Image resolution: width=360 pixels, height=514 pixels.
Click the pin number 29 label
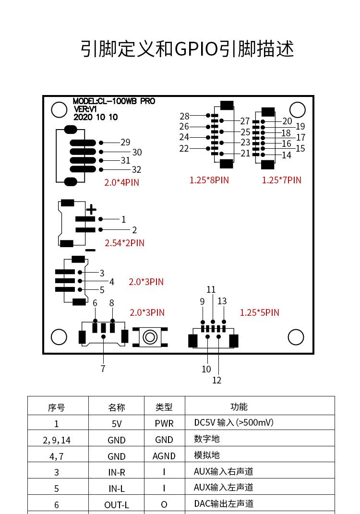(x=125, y=142)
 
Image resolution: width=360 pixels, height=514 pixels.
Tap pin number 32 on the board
(x=136, y=169)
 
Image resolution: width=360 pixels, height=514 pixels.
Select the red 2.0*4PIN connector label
(x=122, y=182)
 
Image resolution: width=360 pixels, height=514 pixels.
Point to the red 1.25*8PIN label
(x=209, y=180)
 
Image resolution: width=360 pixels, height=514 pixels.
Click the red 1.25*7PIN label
(x=281, y=180)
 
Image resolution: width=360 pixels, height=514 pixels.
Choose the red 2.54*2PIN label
(x=124, y=243)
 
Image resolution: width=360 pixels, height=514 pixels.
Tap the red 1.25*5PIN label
(x=259, y=312)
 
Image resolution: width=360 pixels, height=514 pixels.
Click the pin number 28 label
(x=185, y=116)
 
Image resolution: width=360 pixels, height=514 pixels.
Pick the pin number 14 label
(x=287, y=155)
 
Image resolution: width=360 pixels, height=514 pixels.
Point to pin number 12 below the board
(x=216, y=380)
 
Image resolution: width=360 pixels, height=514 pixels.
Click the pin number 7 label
(x=103, y=369)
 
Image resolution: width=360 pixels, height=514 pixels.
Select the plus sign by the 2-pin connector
(x=91, y=210)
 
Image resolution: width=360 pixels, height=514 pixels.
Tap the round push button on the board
(x=150, y=337)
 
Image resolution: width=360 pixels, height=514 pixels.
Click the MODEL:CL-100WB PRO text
(x=114, y=101)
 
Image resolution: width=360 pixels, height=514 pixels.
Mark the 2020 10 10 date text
(x=96, y=117)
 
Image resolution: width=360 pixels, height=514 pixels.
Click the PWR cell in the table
(x=164, y=423)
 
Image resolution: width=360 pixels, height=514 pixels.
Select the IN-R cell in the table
(x=117, y=472)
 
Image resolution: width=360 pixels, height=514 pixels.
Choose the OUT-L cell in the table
(x=117, y=504)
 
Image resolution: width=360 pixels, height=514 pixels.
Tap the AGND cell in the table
(x=164, y=456)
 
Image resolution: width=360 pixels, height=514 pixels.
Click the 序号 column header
(x=56, y=407)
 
